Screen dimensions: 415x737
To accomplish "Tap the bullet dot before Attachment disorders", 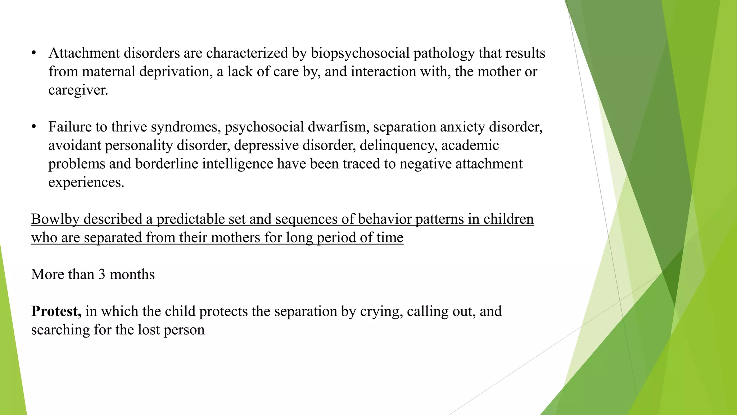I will (x=34, y=53).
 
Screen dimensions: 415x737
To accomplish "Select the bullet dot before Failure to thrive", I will (x=34, y=127).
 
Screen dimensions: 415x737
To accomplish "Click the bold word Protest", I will (x=56, y=311).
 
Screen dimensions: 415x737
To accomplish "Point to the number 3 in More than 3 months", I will (x=102, y=275).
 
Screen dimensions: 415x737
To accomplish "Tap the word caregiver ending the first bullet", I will (x=78, y=90).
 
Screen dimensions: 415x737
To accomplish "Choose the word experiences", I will (x=86, y=182).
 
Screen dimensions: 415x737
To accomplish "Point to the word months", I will (x=132, y=275).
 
